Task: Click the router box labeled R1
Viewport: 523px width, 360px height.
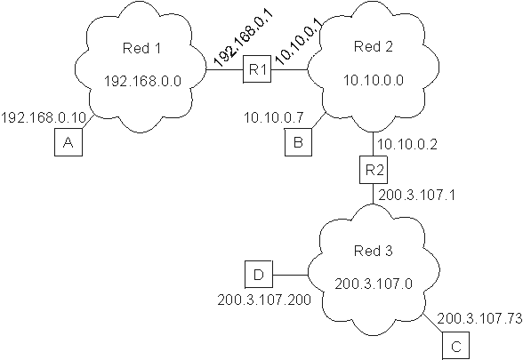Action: [x=257, y=69]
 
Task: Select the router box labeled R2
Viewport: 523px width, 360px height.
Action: [x=374, y=170]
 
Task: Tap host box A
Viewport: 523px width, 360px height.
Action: [x=68, y=142]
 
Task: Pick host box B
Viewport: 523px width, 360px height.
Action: [x=299, y=142]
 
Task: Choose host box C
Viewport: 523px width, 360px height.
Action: [x=456, y=346]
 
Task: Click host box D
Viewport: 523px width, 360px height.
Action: [x=259, y=275]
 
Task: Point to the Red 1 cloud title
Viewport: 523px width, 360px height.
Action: [x=141, y=48]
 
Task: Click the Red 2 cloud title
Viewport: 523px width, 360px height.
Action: [x=374, y=46]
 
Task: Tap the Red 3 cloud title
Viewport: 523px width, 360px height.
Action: [x=374, y=251]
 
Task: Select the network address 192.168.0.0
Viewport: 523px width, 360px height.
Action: [x=142, y=81]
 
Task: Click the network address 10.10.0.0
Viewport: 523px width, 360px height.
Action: [x=374, y=80]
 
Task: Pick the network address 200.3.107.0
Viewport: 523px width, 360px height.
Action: [x=374, y=284]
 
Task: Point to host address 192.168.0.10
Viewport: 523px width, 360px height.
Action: [x=44, y=117]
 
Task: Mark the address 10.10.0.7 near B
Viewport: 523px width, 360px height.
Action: [x=274, y=117]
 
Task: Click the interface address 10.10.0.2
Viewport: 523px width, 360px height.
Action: [x=407, y=144]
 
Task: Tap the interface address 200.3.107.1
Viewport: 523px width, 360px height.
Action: [x=416, y=195]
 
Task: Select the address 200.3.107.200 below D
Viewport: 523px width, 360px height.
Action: [x=264, y=300]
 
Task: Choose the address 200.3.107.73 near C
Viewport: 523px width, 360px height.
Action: [x=479, y=318]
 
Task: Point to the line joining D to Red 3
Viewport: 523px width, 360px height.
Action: [x=290, y=275]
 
